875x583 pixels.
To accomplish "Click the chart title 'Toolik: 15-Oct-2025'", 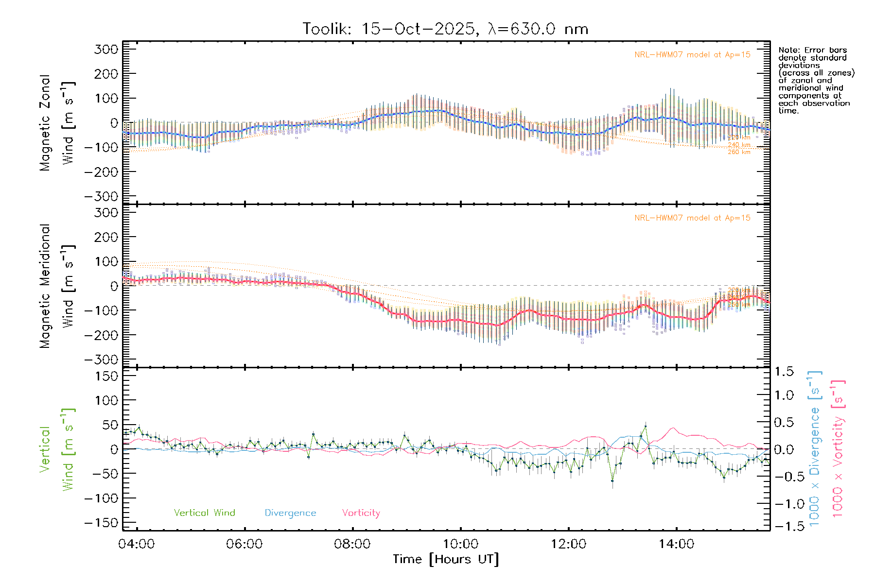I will (x=389, y=29).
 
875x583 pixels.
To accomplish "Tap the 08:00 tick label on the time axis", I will (x=352, y=544).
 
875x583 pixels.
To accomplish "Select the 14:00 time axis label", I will (x=676, y=544).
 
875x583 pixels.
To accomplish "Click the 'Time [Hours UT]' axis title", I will (x=446, y=559).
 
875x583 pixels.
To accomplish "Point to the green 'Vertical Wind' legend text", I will (x=204, y=513).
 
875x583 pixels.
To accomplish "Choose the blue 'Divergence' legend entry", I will (x=290, y=513).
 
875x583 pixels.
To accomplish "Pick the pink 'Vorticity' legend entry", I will (x=361, y=513).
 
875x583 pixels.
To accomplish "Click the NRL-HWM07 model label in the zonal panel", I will (x=692, y=55).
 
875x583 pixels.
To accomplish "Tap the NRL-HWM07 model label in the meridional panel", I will (x=692, y=218).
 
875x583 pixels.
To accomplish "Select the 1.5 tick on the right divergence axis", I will (x=784, y=372).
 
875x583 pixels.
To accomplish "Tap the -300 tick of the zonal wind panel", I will (x=101, y=196).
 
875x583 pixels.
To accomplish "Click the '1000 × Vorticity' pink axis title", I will (x=838, y=448).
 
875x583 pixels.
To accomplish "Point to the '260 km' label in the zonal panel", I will (x=739, y=153).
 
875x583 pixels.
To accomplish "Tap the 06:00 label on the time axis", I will (x=244, y=544).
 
